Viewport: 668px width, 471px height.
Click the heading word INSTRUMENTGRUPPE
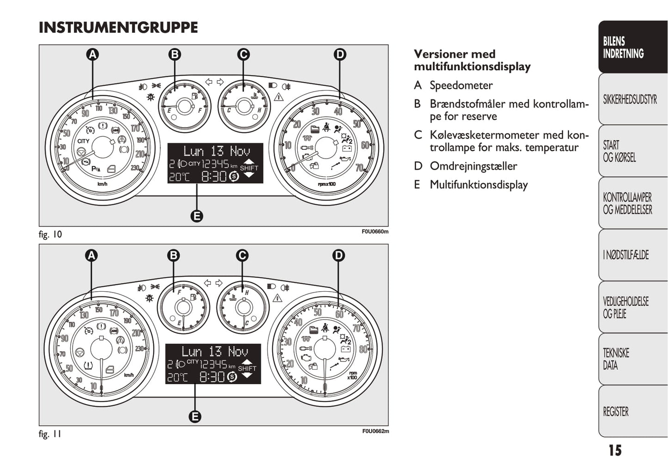[x=118, y=28]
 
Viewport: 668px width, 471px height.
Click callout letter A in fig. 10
[x=93, y=55]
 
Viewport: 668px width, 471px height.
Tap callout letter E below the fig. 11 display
[x=195, y=416]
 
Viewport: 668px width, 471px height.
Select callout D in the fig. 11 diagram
[x=339, y=255]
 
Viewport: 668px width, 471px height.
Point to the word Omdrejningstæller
[x=473, y=166]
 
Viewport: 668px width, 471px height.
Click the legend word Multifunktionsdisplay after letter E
[x=478, y=185]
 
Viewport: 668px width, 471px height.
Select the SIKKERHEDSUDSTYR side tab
[x=630, y=99]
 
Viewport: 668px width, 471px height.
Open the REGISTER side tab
[x=616, y=411]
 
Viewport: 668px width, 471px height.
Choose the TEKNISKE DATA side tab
[x=616, y=359]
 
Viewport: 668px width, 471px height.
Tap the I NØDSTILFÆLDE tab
[x=625, y=255]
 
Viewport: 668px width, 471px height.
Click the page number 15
[x=615, y=450]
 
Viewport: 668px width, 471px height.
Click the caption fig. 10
[x=50, y=234]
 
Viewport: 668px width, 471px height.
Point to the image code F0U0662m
[x=375, y=431]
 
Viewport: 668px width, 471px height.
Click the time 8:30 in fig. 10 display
[x=214, y=176]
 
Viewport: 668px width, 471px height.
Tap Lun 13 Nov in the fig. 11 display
[x=215, y=352]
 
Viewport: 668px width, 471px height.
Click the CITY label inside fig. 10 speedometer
[x=83, y=141]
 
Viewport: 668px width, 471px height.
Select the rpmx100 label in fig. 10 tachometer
[x=327, y=184]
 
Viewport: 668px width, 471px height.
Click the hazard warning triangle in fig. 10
[x=278, y=97]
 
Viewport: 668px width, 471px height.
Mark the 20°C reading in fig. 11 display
[x=178, y=377]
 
